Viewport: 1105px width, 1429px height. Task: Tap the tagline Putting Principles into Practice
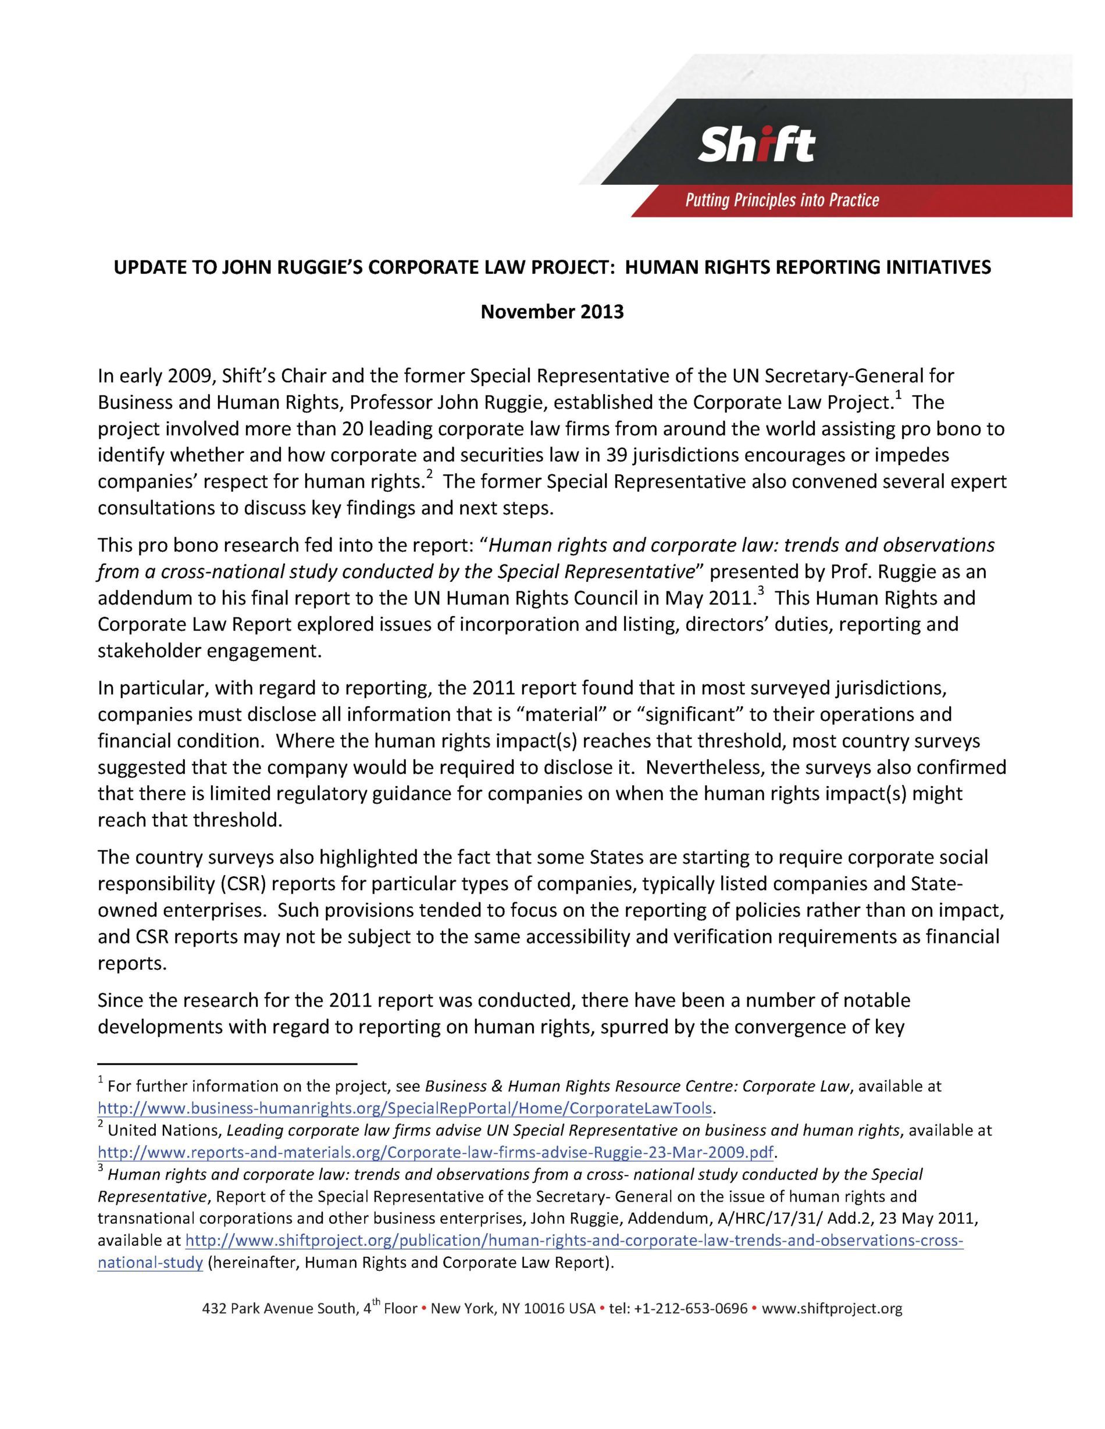(782, 200)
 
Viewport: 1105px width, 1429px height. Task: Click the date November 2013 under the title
(552, 312)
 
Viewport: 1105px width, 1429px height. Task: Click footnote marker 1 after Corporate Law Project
(898, 395)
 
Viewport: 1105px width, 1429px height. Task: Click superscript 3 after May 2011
(760, 591)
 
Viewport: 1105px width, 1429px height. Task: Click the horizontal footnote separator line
(226, 1063)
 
